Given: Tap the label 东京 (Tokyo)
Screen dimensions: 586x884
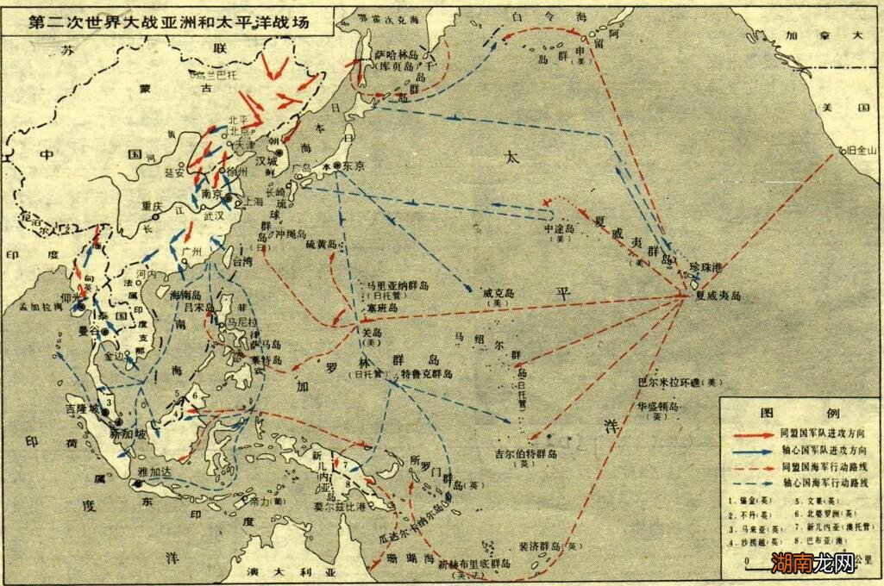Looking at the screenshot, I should click(x=345, y=165).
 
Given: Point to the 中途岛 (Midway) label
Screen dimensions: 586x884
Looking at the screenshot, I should click(x=558, y=230).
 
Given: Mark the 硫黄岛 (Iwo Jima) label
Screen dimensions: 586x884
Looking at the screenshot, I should click(x=322, y=246).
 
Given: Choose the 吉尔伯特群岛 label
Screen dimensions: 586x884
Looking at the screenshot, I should click(x=525, y=452).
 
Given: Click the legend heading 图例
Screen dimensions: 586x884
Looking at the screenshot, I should click(x=800, y=412).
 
